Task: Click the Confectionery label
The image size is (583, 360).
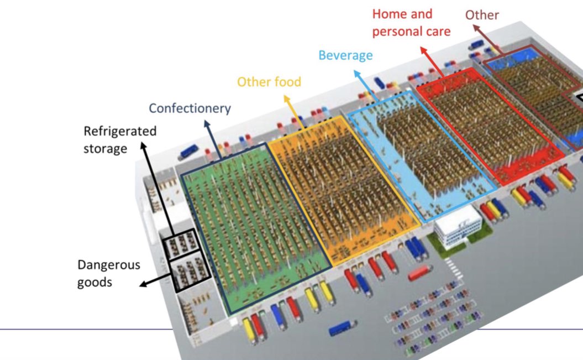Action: pyautogui.click(x=190, y=108)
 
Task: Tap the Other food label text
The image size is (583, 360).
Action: pyautogui.click(x=269, y=82)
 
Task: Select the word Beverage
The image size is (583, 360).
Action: pyautogui.click(x=345, y=55)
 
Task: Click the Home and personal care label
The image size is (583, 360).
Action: pyautogui.click(x=411, y=23)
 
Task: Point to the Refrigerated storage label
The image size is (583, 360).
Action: pyautogui.click(x=120, y=140)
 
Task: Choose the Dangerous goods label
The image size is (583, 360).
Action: pyautogui.click(x=109, y=273)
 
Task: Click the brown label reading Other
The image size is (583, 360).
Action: pyautogui.click(x=482, y=15)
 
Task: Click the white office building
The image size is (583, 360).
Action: pyautogui.click(x=458, y=227)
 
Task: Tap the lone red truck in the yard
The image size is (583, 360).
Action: pyautogui.click(x=421, y=272)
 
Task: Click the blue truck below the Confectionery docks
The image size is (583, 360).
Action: pyautogui.click(x=343, y=328)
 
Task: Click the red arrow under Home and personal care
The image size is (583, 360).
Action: pyautogui.click(x=433, y=61)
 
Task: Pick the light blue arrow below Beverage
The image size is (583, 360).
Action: pyautogui.click(x=367, y=86)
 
